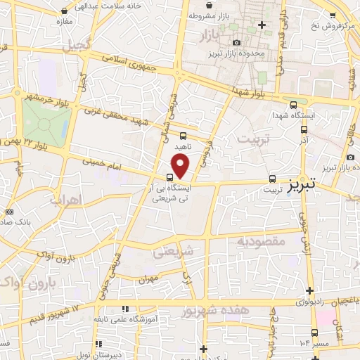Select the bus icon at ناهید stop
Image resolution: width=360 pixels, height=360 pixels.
click(183, 136)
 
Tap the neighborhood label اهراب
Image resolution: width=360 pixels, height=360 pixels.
click(66, 200)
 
